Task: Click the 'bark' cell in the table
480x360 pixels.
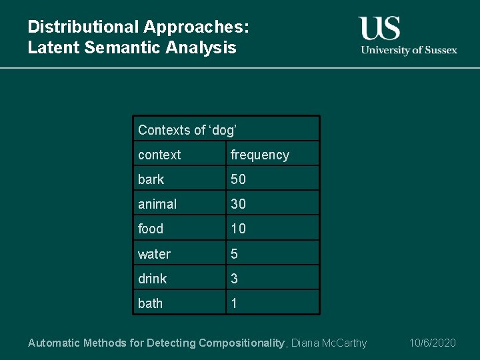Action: tap(151, 179)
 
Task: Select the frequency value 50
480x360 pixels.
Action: tap(238, 179)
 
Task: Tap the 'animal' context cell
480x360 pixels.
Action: tap(157, 204)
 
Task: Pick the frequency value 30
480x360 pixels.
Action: tap(238, 204)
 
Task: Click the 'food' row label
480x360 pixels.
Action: tap(151, 229)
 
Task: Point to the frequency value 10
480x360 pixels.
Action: tap(238, 229)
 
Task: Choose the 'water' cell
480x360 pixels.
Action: tap(154, 254)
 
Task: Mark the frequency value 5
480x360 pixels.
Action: tap(234, 254)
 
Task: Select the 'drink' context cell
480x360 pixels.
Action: tap(152, 279)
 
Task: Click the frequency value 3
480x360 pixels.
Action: tap(234, 279)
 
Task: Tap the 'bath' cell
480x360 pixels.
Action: tap(150, 303)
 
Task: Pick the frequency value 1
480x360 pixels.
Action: tap(234, 303)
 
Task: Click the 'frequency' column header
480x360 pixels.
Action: tap(259, 155)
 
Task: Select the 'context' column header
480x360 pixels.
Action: tap(159, 155)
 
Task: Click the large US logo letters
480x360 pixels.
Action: tap(379, 29)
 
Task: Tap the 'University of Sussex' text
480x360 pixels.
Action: tap(409, 49)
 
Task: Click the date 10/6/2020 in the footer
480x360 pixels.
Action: tap(433, 343)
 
